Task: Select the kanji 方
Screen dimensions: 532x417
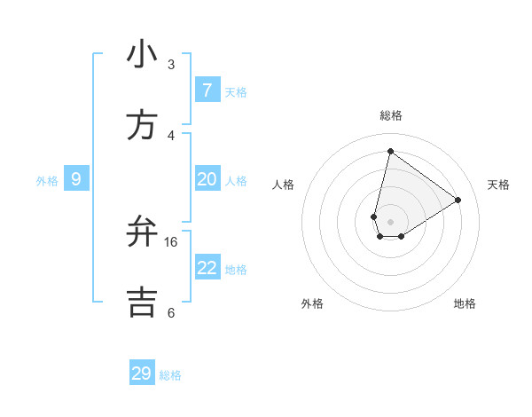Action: [x=142, y=125]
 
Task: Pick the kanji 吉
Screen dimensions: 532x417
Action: [x=142, y=303]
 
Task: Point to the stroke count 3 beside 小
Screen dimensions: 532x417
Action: [x=171, y=65]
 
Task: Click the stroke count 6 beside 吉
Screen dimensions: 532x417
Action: [x=171, y=312]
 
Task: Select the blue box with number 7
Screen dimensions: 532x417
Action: [x=207, y=90]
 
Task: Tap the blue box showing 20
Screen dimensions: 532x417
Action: [x=207, y=179]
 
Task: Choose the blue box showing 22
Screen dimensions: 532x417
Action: [x=207, y=268]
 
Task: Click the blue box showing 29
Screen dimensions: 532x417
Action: [x=141, y=374]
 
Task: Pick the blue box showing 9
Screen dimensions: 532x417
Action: [x=76, y=179]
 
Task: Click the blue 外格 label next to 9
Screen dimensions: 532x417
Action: [x=47, y=181]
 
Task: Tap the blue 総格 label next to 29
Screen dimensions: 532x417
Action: [x=170, y=375]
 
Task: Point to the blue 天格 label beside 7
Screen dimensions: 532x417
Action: [x=235, y=92]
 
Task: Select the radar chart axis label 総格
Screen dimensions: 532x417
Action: [x=391, y=115]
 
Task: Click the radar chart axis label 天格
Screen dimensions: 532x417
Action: [x=498, y=185]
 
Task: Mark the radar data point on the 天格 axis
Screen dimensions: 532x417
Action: [x=458, y=201]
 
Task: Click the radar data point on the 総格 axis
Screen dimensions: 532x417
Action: [x=390, y=151]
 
